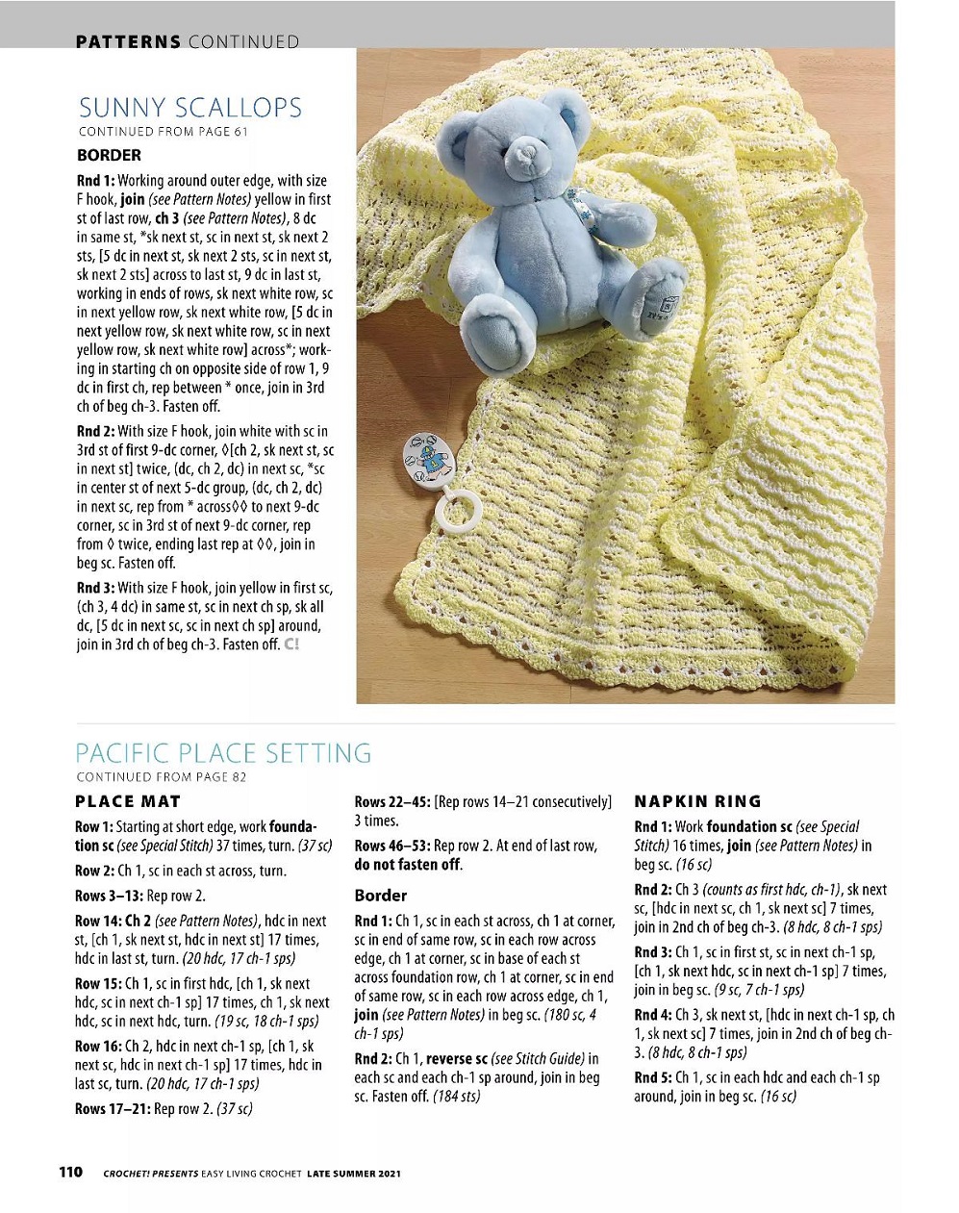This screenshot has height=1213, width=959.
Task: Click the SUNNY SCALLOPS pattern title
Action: [x=189, y=108]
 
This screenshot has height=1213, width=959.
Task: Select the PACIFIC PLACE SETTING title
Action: [x=223, y=752]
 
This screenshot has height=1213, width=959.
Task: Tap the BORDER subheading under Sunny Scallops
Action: [x=109, y=155]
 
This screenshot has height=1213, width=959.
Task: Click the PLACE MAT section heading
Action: [x=128, y=801]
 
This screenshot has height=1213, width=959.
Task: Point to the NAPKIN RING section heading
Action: [x=697, y=801]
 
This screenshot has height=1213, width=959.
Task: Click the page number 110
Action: [x=71, y=1172]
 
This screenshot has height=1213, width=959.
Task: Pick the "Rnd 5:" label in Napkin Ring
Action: [x=652, y=1077]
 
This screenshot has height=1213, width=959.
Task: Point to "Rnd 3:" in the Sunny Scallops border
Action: [x=95, y=588]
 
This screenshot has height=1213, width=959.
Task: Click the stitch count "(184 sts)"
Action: [x=457, y=1096]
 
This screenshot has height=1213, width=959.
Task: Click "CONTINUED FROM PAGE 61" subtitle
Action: [x=163, y=132]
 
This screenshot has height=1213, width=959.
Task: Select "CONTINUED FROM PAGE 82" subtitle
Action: [x=161, y=777]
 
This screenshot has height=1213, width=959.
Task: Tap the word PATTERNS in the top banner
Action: [x=128, y=41]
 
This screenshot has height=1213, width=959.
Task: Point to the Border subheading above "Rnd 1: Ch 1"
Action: [x=381, y=896]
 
